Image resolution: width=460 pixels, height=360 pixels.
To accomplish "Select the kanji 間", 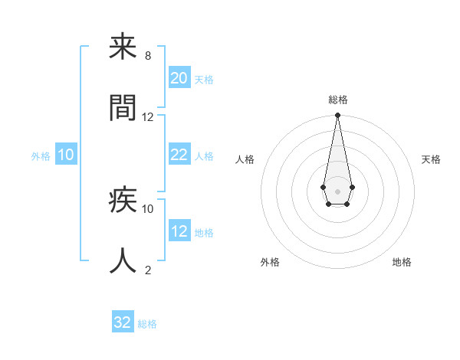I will click(x=123, y=107).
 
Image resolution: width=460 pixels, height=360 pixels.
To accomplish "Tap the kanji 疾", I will click(x=123, y=201).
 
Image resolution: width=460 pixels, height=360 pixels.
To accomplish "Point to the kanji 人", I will click(x=123, y=260).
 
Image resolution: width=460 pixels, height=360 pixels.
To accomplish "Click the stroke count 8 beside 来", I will click(x=147, y=56).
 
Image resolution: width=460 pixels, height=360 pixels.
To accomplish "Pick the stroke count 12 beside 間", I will click(x=148, y=117).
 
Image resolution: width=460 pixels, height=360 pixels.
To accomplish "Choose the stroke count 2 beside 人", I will click(x=147, y=270).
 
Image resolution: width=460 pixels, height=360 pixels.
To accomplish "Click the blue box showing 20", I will click(x=179, y=78).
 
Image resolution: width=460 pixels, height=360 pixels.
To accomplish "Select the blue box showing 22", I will click(x=179, y=155).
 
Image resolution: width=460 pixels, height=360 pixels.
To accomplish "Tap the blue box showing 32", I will click(x=123, y=322).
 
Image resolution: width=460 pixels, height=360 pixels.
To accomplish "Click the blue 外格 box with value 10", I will click(x=66, y=155).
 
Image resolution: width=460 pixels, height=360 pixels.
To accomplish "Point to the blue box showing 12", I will click(x=179, y=231).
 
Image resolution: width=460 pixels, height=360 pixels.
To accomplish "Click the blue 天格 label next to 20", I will click(x=203, y=80).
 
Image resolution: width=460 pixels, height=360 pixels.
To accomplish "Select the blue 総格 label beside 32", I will click(x=147, y=324).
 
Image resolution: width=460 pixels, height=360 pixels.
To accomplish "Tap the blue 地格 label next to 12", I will click(x=203, y=233).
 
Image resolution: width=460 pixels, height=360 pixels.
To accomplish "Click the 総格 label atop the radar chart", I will click(x=337, y=100).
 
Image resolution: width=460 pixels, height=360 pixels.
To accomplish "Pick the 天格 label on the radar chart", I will click(x=431, y=159).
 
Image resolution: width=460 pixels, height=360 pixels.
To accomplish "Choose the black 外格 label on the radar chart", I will click(x=270, y=262).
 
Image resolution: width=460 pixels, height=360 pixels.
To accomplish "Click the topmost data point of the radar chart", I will click(x=337, y=116).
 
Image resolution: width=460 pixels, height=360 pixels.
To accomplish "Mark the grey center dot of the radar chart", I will click(x=337, y=190).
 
